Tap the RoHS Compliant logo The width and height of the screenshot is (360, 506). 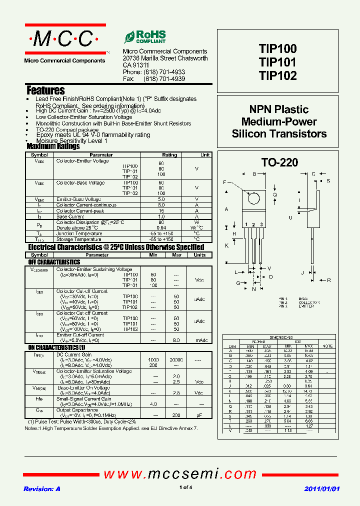[145, 37]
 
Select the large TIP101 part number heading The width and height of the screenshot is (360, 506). [277, 62]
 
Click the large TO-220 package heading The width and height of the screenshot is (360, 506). [279, 162]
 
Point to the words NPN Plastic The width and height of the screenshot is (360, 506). [279, 109]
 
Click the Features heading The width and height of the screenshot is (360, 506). [45, 90]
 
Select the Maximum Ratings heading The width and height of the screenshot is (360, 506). [52, 147]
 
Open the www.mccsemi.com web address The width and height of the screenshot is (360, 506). [180, 473]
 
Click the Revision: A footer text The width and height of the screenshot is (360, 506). [42, 488]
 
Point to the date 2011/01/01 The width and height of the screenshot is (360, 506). [322, 488]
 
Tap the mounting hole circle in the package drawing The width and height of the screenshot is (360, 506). [254, 198]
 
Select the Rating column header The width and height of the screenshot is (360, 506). [169, 155]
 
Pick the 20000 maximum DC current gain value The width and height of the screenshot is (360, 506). [176, 360]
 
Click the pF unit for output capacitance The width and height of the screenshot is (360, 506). [199, 415]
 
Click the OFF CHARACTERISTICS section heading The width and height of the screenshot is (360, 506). [54, 262]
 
